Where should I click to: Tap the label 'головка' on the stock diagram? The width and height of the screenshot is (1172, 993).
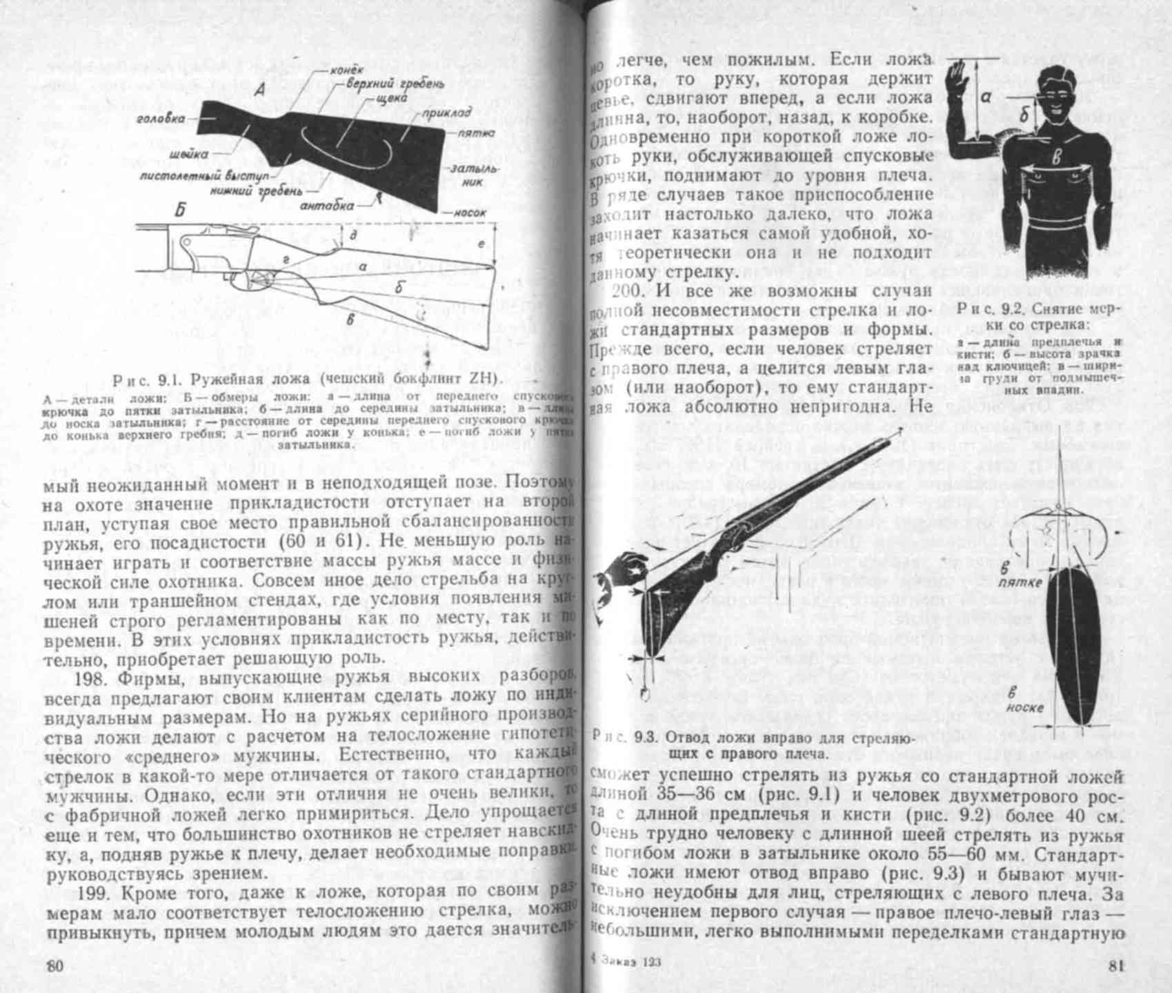coord(161,119)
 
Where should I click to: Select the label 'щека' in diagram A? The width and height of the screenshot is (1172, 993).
coord(391,99)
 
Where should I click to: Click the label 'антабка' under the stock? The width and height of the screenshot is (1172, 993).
coord(327,206)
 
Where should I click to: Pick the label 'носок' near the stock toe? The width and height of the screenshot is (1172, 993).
coord(470,213)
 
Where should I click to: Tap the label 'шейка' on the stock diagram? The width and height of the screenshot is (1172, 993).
coord(185,155)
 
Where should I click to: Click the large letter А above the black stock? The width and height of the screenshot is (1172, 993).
coord(259,90)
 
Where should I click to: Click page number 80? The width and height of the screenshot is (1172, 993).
coord(54,966)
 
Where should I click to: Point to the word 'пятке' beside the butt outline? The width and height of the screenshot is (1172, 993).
coord(1020,582)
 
